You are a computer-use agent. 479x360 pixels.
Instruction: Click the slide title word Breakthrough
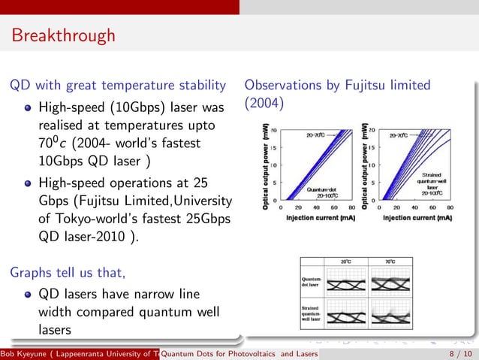(63, 35)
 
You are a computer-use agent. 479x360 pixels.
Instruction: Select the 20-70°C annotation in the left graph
(320, 135)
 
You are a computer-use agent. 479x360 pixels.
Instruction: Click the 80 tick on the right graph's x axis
(450, 208)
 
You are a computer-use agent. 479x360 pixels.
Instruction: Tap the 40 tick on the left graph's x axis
(315, 208)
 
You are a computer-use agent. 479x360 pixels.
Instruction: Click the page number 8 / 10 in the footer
(455, 354)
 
